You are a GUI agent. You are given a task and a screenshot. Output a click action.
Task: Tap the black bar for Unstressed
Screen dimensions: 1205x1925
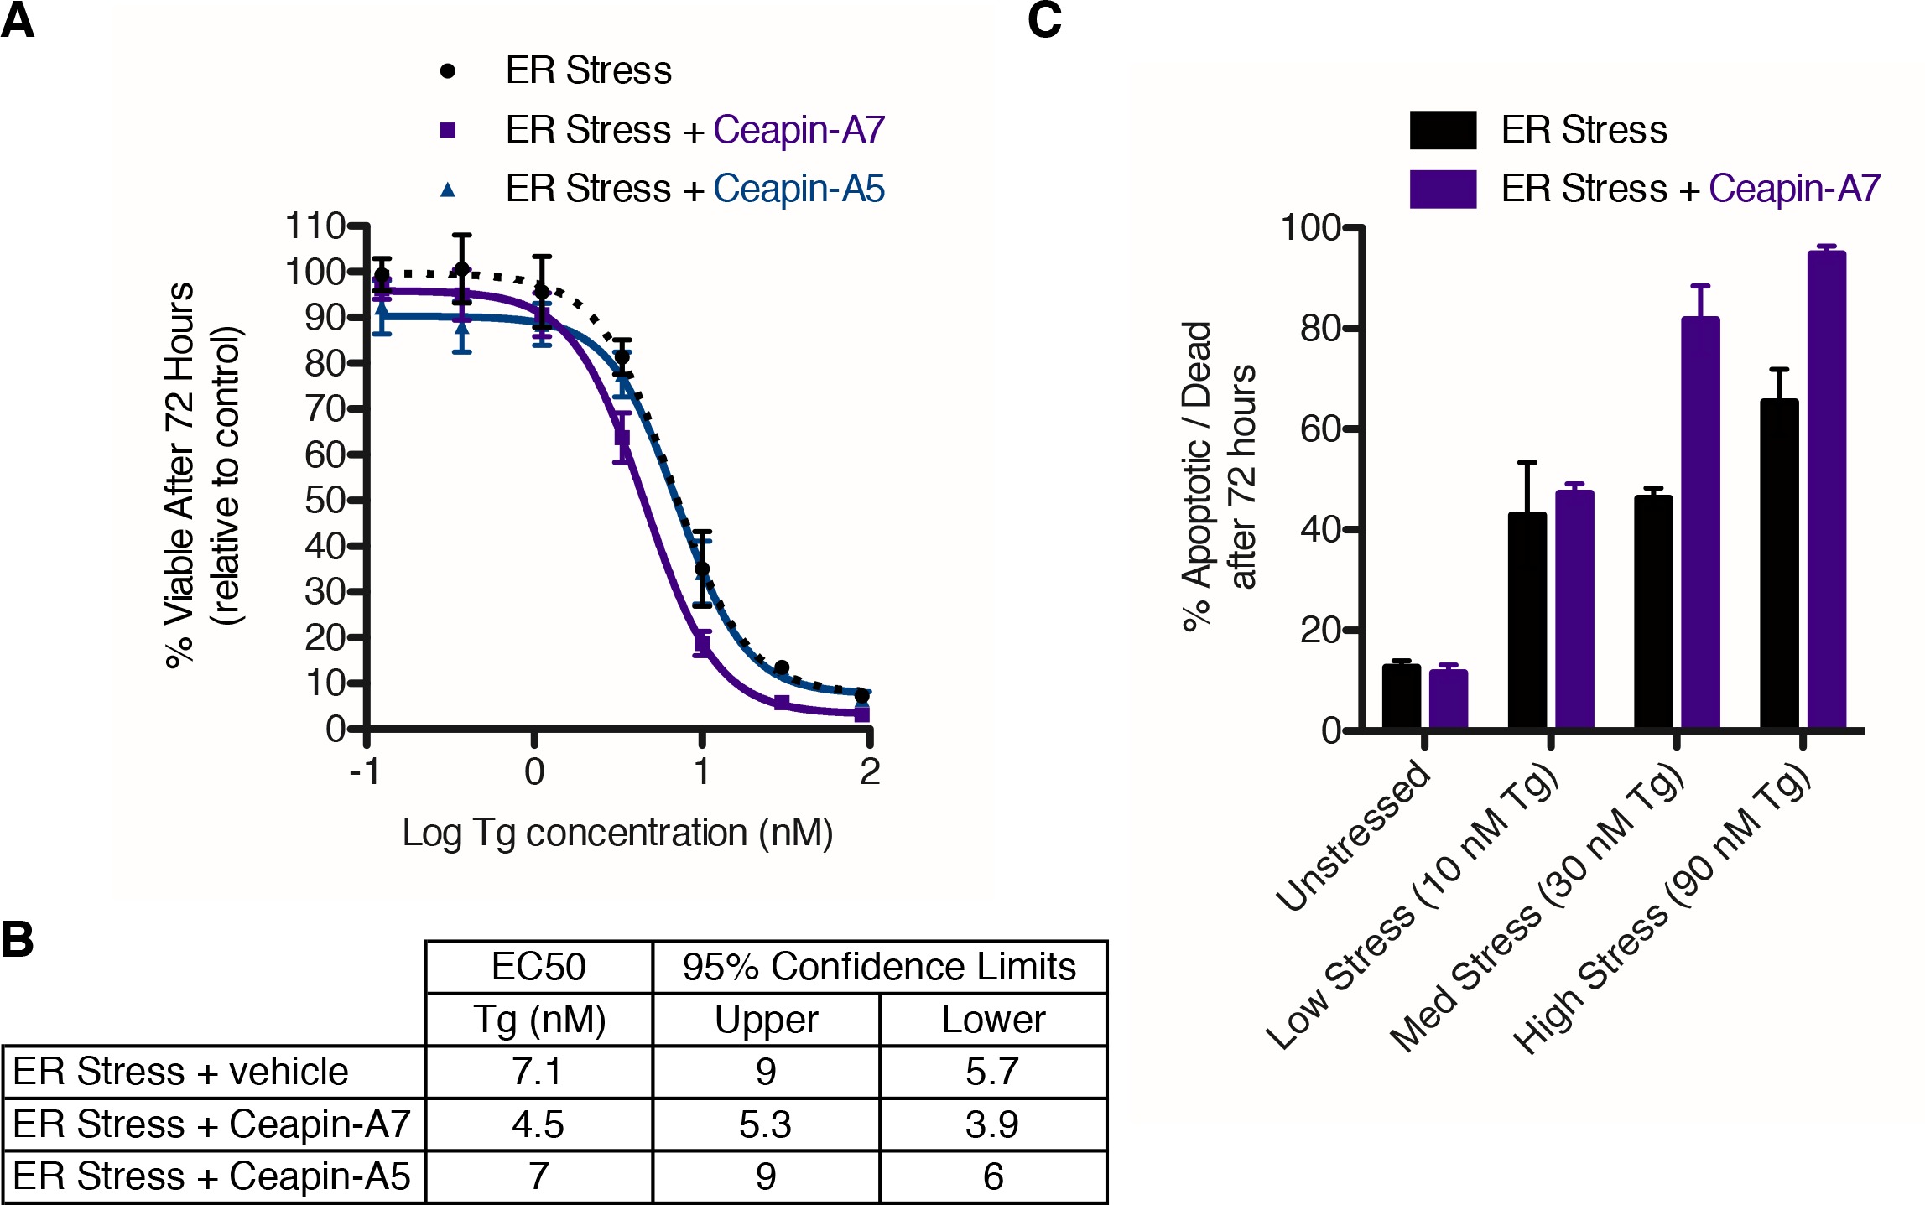coord(1401,697)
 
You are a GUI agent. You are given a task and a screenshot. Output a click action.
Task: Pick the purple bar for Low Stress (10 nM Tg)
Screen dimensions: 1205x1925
coord(1574,610)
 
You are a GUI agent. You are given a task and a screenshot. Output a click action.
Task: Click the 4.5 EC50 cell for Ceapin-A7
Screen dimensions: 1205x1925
coord(538,1124)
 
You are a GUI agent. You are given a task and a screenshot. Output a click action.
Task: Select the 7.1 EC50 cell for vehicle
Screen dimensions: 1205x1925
coord(538,1072)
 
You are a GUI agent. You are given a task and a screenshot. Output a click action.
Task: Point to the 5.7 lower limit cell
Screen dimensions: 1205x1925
coord(993,1072)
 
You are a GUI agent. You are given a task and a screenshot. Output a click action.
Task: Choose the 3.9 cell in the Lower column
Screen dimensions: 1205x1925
coord(993,1124)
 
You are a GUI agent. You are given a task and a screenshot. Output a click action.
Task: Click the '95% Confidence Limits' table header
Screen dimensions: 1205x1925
coord(879,967)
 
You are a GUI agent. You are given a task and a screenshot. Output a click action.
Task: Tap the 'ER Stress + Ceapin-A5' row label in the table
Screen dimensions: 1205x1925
coord(212,1176)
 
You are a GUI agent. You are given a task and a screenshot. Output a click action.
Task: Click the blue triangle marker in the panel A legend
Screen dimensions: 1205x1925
coord(448,190)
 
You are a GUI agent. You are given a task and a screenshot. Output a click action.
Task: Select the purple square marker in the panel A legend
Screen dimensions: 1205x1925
coord(448,130)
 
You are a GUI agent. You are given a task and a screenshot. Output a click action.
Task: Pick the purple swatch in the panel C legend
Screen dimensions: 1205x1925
coord(1443,189)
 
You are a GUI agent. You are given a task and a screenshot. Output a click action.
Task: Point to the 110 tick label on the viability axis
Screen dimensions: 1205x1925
coord(315,226)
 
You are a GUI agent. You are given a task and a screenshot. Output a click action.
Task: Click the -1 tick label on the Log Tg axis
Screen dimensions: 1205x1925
coord(365,771)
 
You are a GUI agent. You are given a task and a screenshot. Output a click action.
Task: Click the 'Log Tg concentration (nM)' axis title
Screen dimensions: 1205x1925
coord(618,833)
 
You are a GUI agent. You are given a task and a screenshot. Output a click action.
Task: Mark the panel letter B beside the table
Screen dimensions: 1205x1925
coord(18,939)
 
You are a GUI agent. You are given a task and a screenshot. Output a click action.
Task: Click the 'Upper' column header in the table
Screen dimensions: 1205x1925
coord(766,1020)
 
